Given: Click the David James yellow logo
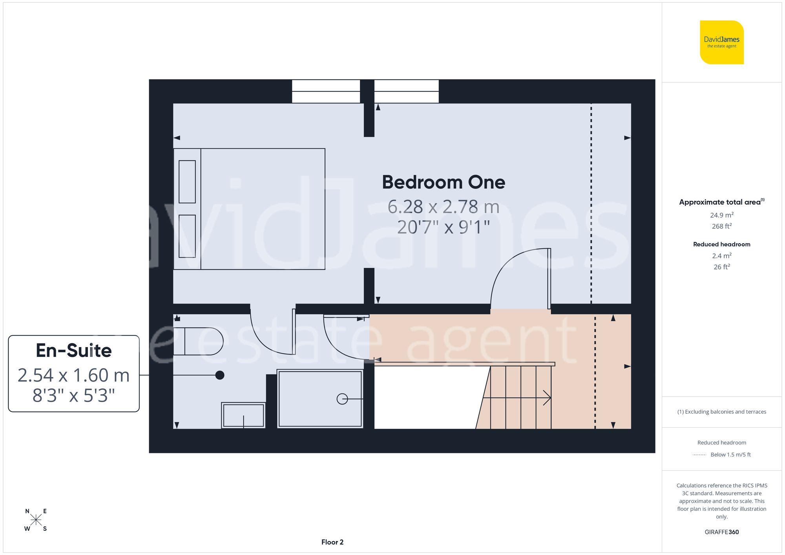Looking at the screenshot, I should click(x=721, y=42).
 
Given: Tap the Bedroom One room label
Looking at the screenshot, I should click(x=444, y=182).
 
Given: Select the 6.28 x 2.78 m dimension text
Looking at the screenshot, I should click(x=444, y=207).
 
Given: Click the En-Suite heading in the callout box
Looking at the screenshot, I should click(x=74, y=351).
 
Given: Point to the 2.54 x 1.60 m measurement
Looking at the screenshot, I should click(x=74, y=375).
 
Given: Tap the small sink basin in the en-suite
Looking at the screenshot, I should click(x=243, y=415).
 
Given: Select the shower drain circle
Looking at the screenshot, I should click(x=342, y=399).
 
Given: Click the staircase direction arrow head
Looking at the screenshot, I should click(x=548, y=398).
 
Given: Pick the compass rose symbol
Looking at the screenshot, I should click(x=36, y=520).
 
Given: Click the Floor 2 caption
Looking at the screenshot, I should click(x=332, y=542).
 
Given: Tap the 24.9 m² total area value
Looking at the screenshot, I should click(x=721, y=215).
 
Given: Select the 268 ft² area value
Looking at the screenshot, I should click(x=721, y=226).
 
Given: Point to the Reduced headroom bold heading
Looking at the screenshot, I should click(x=721, y=244).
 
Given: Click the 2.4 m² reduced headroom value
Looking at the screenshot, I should click(x=721, y=256).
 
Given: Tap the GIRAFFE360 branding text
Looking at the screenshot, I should click(x=721, y=532).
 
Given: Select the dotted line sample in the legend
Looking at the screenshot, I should click(x=699, y=455).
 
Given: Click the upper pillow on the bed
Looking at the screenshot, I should click(x=187, y=182).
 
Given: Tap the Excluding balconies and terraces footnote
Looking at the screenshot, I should click(x=721, y=412).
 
